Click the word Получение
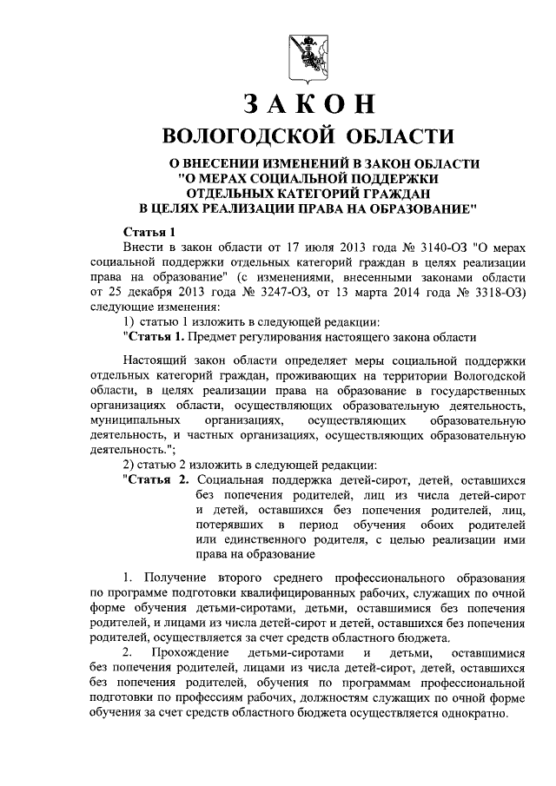tap(173, 577)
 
